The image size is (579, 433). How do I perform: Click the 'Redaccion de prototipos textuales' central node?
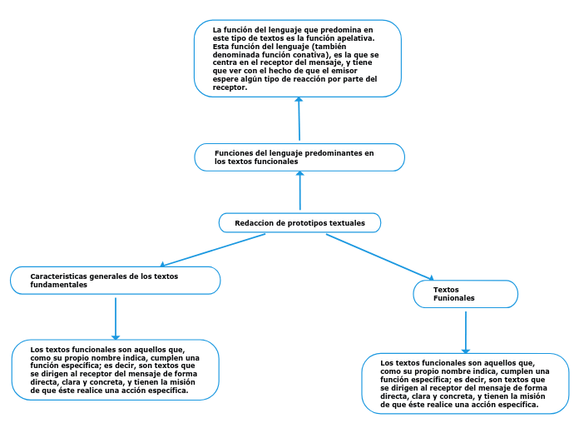pyautogui.click(x=299, y=223)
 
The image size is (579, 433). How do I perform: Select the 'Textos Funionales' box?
pyautogui.click(x=465, y=294)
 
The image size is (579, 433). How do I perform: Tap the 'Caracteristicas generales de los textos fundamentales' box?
pyautogui.click(x=115, y=281)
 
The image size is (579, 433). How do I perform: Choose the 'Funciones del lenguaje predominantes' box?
pyautogui.click(x=299, y=157)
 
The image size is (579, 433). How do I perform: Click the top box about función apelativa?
pyautogui.click(x=298, y=58)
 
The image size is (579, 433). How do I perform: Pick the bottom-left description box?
pyautogui.click(x=116, y=370)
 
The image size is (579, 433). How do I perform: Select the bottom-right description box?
pyautogui.click(x=465, y=383)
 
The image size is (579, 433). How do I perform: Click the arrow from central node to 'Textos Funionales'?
pyautogui.click(x=379, y=256)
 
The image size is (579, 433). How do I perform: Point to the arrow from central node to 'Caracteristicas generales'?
pyautogui.click(x=213, y=250)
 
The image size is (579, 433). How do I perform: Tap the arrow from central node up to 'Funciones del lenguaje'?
pyautogui.click(x=299, y=192)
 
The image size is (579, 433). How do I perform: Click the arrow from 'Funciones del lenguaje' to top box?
pyautogui.click(x=299, y=120)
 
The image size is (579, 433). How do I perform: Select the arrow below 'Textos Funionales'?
pyautogui.click(x=466, y=331)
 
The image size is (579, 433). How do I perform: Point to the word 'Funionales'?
pyautogui.click(x=454, y=298)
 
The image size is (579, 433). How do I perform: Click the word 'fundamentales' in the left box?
pyautogui.click(x=58, y=285)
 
